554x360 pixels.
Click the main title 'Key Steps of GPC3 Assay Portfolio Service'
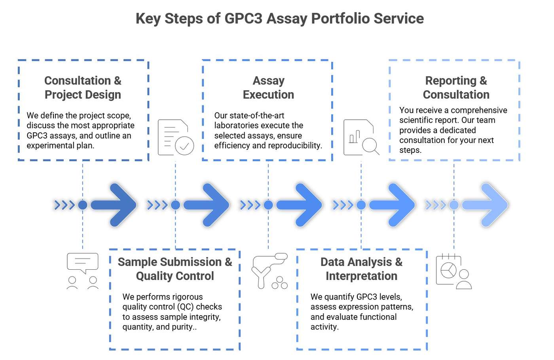point(279,19)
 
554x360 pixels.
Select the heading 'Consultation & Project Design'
point(83,88)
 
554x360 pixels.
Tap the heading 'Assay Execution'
point(268,88)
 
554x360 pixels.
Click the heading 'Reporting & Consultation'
point(456,88)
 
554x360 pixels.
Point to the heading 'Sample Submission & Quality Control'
point(175,269)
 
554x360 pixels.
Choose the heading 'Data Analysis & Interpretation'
point(361,269)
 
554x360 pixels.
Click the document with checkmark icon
point(176,137)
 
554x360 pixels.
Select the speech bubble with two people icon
point(83,271)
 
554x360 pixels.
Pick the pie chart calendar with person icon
point(453,272)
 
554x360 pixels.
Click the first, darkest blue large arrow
point(115,205)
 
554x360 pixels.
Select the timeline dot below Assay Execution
point(268,205)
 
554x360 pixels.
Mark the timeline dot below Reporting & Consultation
point(454,205)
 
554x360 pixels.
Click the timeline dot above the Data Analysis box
point(361,205)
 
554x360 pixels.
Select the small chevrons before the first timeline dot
point(65,205)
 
